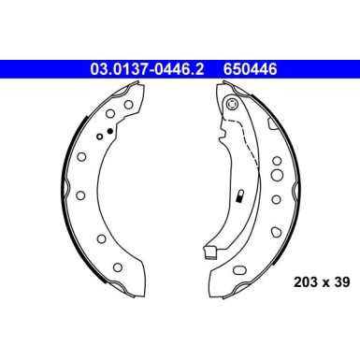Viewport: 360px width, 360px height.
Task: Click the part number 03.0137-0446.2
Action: pyautogui.click(x=151, y=67)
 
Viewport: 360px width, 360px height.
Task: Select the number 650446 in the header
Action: pyautogui.click(x=252, y=67)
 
